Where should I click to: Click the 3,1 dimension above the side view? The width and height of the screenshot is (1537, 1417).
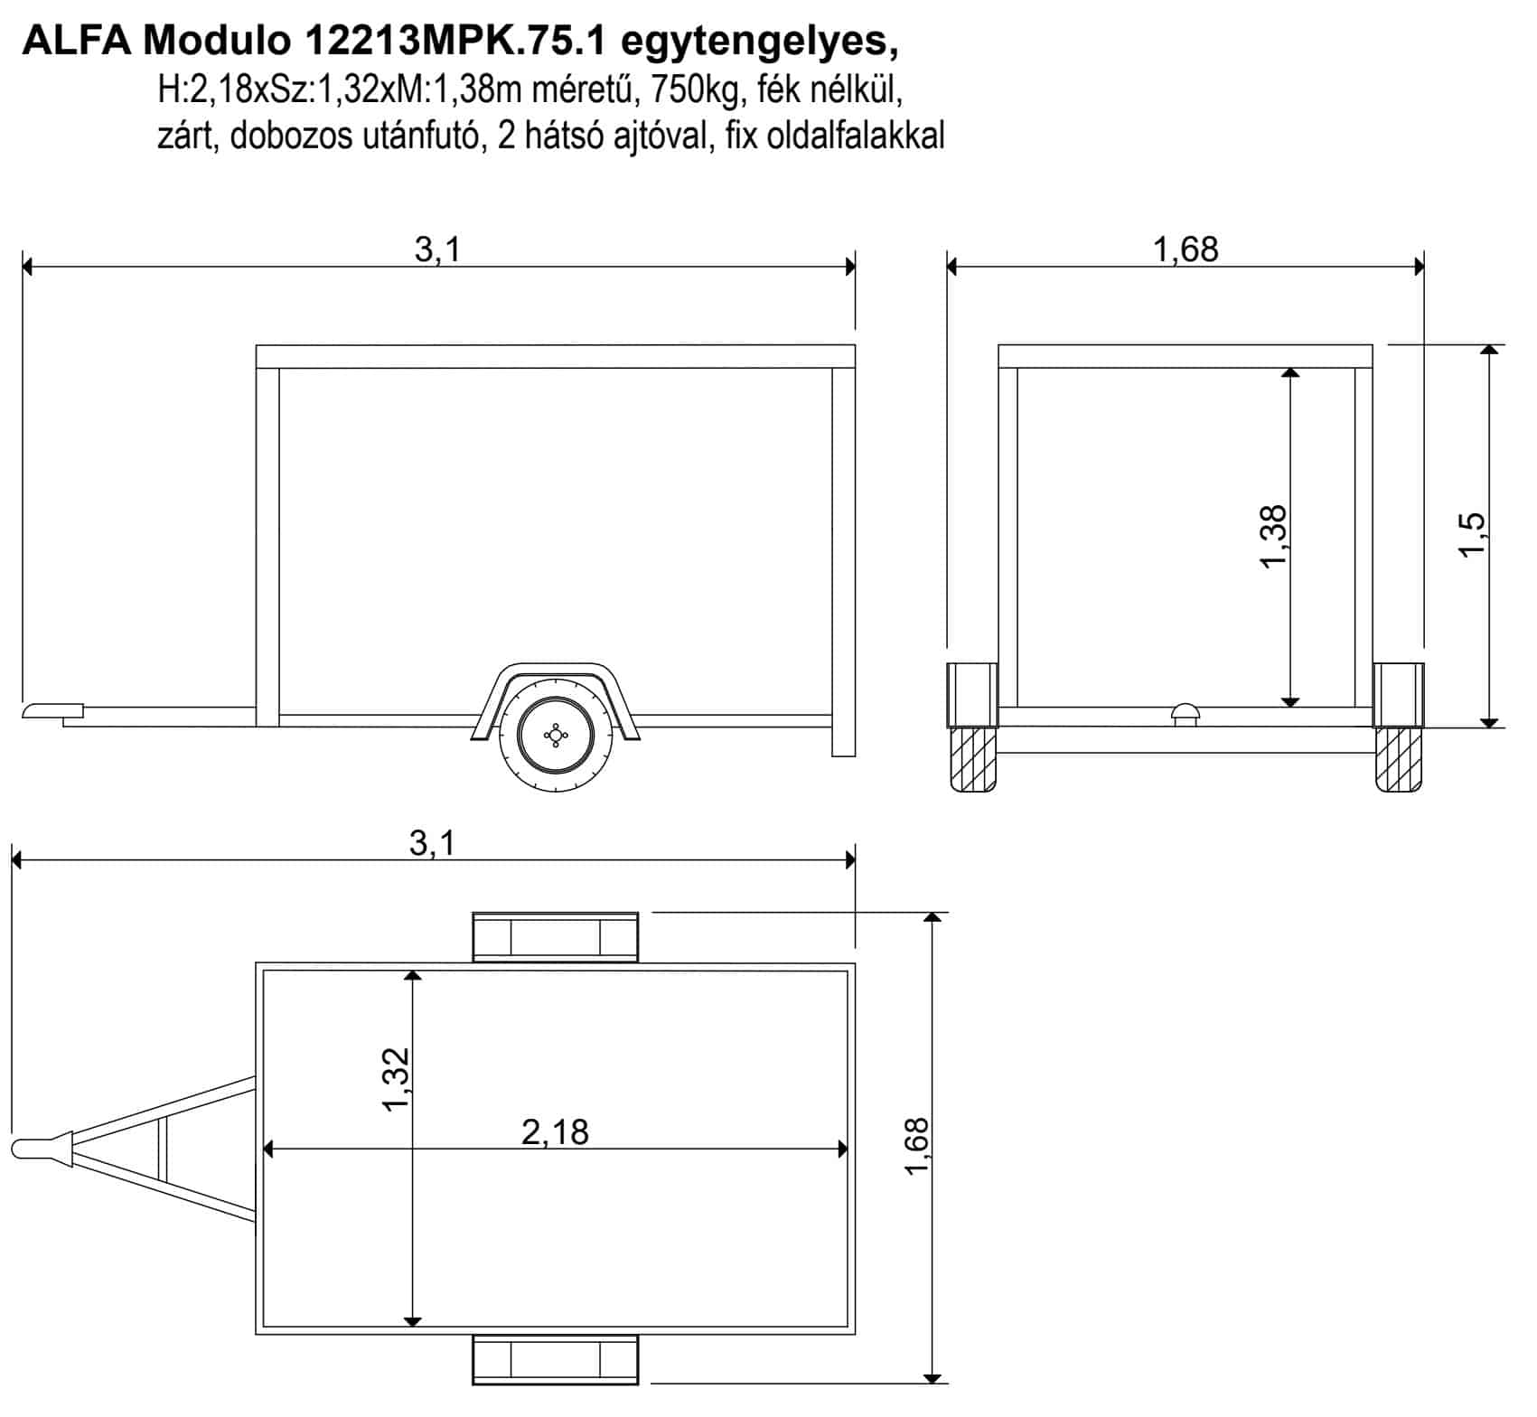point(438,249)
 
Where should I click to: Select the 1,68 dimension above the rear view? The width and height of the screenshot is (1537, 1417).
point(1186,249)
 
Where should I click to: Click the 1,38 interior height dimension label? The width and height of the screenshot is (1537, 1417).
point(1271,536)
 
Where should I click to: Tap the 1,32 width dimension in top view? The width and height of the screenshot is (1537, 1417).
point(396,1079)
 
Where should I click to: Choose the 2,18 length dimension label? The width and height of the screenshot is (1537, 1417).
point(555,1131)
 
